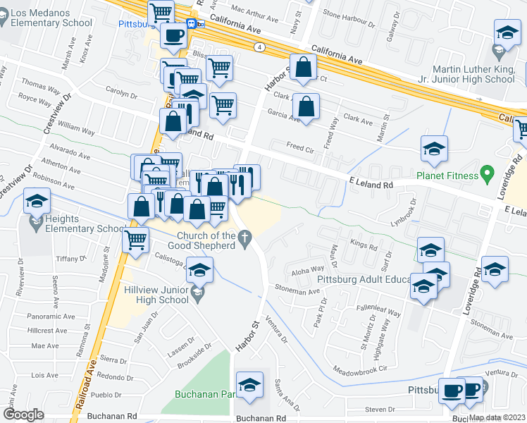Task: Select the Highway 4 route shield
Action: click(260, 47)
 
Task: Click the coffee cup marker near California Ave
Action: click(173, 35)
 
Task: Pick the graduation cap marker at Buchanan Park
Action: click(249, 385)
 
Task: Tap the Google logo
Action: click(23, 415)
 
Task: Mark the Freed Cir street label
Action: click(299, 149)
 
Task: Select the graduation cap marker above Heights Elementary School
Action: click(37, 202)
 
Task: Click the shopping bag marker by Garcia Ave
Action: click(306, 107)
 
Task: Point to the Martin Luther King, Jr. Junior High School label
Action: click(473, 74)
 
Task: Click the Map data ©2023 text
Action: click(496, 417)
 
